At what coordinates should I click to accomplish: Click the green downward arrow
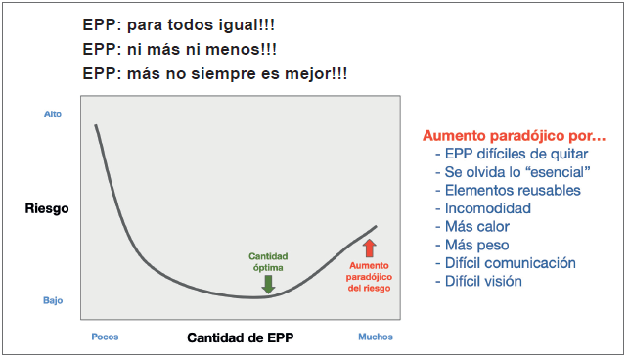click(268, 284)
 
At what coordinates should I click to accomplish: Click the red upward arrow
click(369, 248)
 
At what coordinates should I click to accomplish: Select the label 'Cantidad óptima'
click(268, 261)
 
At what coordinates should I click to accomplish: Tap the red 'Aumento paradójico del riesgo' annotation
click(369, 277)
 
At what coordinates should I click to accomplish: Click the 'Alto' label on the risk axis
click(53, 114)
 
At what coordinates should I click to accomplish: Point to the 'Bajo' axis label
click(53, 300)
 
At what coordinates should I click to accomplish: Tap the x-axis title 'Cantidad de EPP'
click(240, 338)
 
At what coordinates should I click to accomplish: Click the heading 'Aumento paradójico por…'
click(515, 136)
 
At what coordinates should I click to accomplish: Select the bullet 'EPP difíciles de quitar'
click(516, 154)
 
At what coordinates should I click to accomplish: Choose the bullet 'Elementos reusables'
click(512, 190)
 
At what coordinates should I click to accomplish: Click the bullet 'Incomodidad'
click(487, 208)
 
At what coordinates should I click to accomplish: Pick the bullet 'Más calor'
click(479, 227)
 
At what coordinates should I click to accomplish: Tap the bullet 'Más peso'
click(476, 245)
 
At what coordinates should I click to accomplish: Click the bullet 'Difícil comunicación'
click(510, 263)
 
